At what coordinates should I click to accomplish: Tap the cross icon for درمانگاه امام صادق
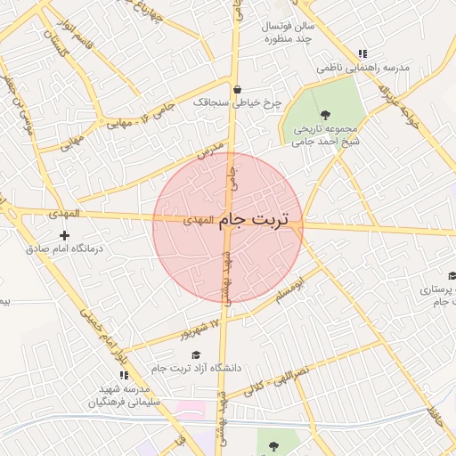(x=64, y=236)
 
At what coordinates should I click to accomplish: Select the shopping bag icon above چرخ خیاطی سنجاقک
(x=237, y=89)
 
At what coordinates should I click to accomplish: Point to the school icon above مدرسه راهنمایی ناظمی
(x=361, y=53)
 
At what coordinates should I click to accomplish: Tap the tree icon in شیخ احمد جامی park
(x=325, y=113)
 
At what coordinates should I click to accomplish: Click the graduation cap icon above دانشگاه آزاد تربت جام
(x=196, y=354)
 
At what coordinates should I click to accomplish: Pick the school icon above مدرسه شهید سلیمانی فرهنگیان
(x=124, y=375)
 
